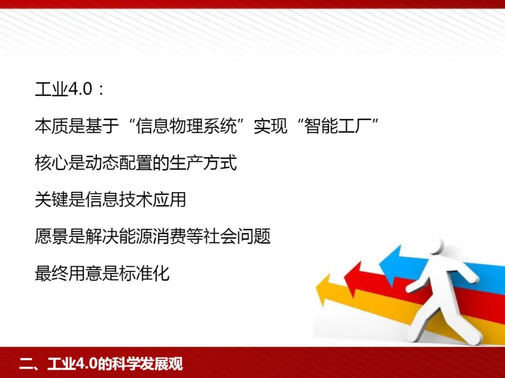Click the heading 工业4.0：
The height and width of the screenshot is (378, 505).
click(70, 89)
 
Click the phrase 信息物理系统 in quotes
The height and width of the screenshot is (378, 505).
click(186, 126)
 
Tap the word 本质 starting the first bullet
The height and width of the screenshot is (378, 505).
click(51, 126)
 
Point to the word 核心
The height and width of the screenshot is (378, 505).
click(51, 163)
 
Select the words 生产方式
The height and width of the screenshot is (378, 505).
click(203, 163)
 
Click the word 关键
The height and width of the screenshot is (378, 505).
click(51, 200)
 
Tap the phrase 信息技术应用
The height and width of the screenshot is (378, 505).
click(136, 200)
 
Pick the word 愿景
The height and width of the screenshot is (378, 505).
click(51, 237)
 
